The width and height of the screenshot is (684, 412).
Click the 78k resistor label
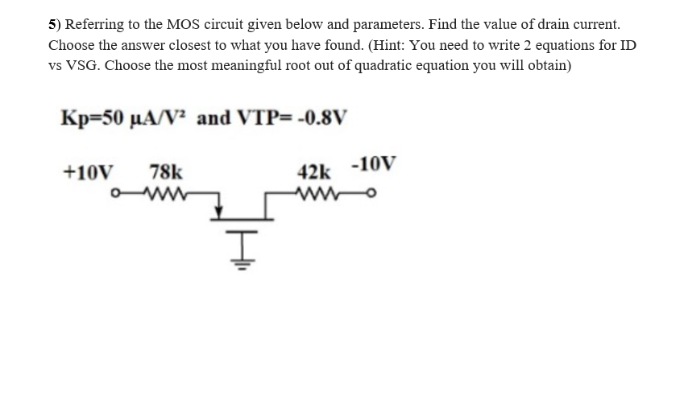pyautogui.click(x=166, y=171)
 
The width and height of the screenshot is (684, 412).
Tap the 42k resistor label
pyautogui.click(x=313, y=172)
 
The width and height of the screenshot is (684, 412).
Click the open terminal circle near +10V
pyautogui.click(x=118, y=193)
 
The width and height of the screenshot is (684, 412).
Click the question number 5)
pyautogui.click(x=54, y=25)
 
